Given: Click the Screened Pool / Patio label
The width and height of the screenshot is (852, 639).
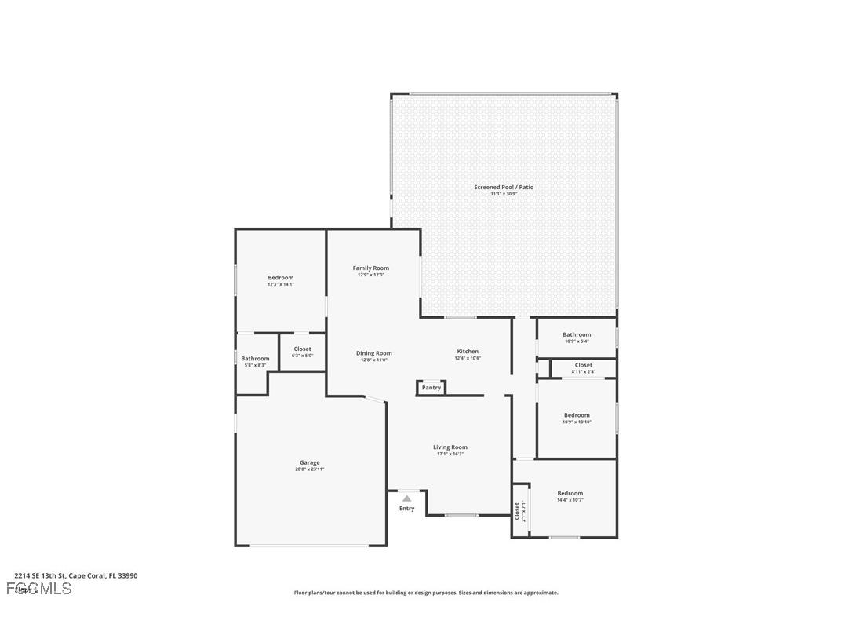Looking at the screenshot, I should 504,187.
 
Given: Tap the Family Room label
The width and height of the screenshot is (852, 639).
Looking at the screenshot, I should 370,268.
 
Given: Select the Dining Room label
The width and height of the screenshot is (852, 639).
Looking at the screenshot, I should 373,353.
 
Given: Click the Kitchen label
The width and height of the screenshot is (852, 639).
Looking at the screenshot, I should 468,352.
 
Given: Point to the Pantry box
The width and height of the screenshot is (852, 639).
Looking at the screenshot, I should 431,387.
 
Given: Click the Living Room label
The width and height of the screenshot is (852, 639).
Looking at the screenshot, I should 450,447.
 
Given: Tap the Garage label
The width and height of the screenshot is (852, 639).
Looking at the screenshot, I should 309,462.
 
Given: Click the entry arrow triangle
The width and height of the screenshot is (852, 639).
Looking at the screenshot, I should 406,498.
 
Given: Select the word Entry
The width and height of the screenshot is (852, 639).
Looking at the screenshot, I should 406,509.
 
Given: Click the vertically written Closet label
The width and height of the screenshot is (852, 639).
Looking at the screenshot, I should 517,511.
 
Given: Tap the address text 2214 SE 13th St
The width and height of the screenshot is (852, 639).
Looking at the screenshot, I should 40,575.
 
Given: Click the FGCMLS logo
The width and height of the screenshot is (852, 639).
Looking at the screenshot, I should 38,589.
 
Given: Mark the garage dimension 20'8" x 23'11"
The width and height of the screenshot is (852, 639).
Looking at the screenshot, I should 309,469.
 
